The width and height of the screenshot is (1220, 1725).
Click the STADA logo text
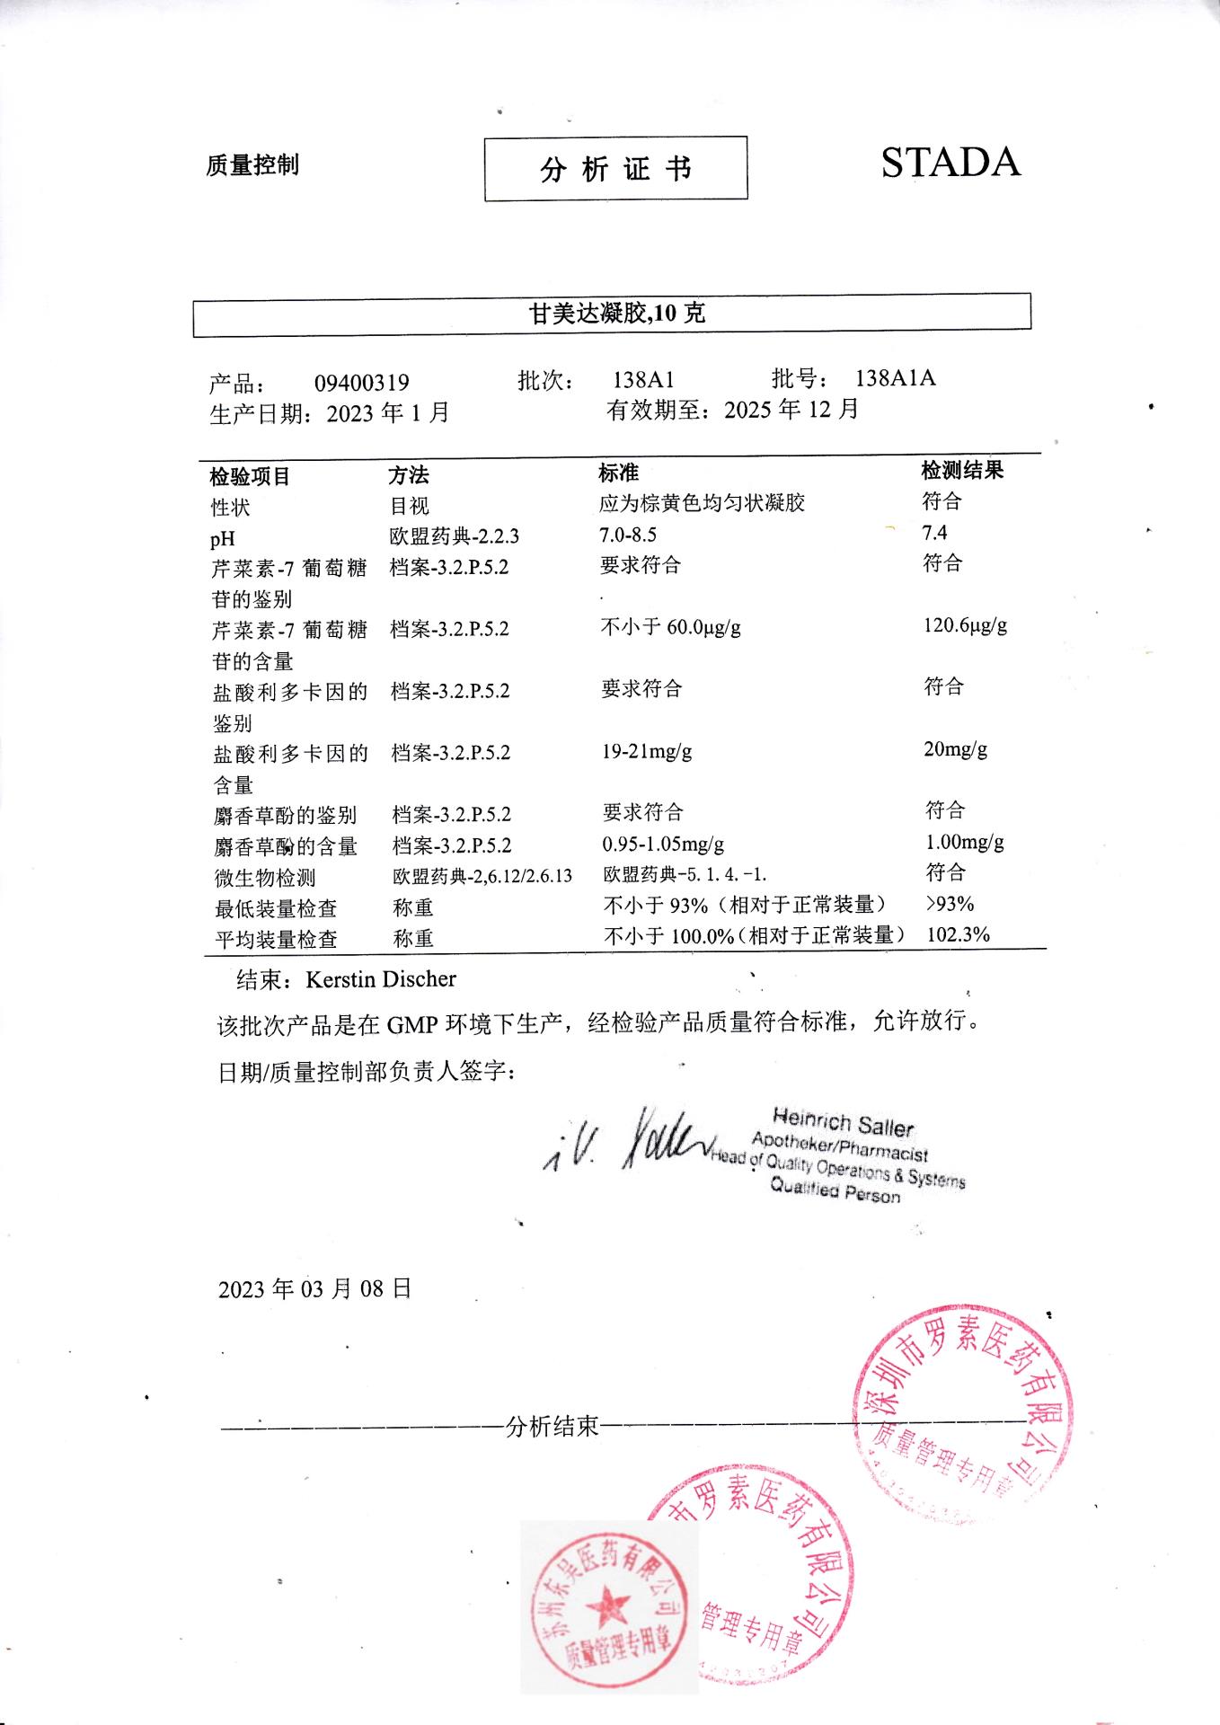click(950, 163)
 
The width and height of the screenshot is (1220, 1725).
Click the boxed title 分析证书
click(615, 169)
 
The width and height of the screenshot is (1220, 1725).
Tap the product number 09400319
click(361, 384)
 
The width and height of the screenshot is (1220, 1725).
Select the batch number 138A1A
click(895, 378)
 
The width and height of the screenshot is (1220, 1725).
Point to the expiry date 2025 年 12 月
click(791, 410)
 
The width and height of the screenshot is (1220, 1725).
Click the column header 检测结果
click(962, 470)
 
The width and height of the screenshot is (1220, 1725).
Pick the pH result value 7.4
click(934, 533)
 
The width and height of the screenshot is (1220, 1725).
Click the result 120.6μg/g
click(965, 625)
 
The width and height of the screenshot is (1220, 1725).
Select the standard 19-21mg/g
click(647, 751)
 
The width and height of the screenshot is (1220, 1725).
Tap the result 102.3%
click(958, 934)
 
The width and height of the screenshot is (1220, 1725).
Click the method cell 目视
click(410, 507)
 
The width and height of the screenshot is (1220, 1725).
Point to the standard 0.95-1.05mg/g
click(663, 845)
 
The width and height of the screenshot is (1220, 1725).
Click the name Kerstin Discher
click(381, 979)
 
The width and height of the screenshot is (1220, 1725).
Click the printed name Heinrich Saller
click(843, 1122)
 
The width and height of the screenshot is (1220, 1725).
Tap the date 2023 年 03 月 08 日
click(314, 1289)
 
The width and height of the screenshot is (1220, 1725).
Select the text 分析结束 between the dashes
click(552, 1427)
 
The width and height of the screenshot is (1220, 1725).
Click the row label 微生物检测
click(264, 878)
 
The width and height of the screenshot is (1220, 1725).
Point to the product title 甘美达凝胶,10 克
click(616, 314)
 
